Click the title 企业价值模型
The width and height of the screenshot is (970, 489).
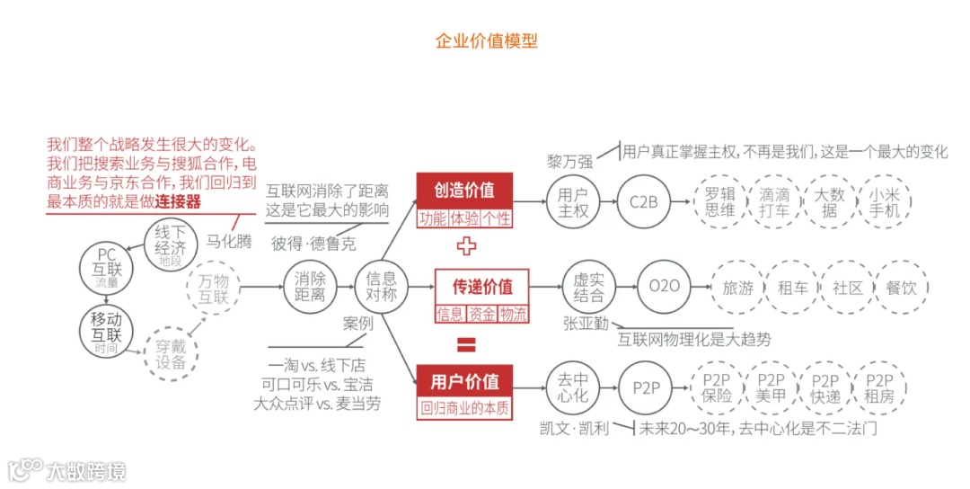point(486,41)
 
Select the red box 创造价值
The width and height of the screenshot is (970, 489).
point(464,191)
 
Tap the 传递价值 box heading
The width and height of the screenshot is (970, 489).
point(482,287)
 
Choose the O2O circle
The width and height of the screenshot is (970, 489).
point(664,288)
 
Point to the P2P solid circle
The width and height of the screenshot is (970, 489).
point(646,387)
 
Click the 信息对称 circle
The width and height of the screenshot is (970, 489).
point(382,288)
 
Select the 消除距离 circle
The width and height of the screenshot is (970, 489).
point(311,288)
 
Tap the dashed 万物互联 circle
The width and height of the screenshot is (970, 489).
point(213,288)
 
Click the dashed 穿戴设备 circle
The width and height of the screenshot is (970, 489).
point(171,353)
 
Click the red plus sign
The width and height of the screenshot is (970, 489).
point(466,245)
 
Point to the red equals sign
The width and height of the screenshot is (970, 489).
point(466,344)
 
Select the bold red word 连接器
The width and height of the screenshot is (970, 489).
point(177,201)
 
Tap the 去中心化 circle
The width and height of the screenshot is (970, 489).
point(573,387)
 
